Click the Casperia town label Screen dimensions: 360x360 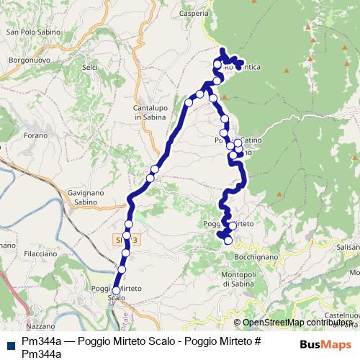195,14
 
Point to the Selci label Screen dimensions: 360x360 90,67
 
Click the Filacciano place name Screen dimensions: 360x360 39,254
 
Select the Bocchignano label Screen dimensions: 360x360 251,257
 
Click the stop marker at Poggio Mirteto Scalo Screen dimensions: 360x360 116,291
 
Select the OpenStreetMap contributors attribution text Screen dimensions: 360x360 296,323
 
